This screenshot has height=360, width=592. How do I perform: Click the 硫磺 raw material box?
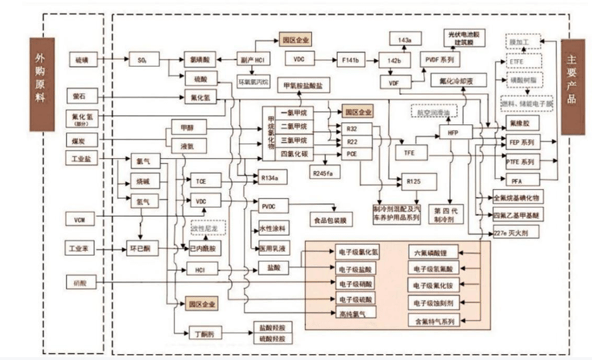83,60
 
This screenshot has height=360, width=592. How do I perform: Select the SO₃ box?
143,60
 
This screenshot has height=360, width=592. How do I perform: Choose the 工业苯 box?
81,246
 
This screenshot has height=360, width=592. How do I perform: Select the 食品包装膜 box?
331,221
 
